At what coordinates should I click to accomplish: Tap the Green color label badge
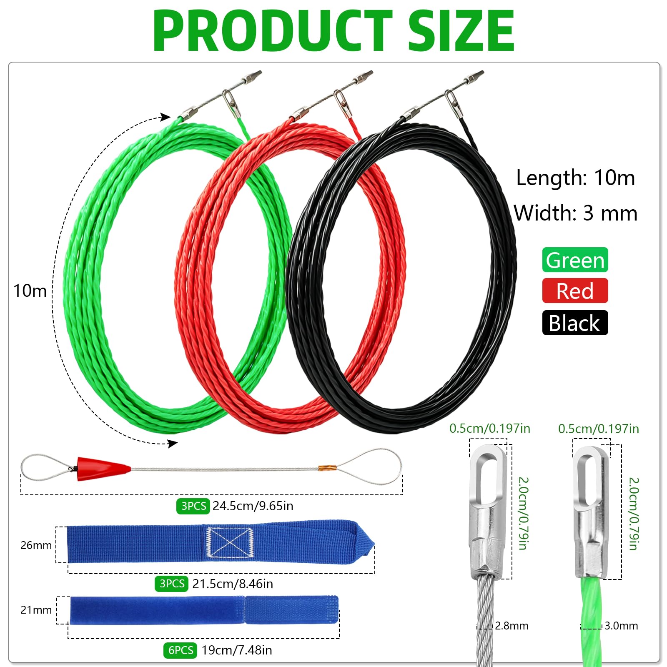[575, 260]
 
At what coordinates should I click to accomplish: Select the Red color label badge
[575, 291]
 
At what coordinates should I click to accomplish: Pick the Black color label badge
[575, 323]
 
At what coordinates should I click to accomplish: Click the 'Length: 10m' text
[575, 178]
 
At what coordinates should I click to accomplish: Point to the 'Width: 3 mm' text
[575, 213]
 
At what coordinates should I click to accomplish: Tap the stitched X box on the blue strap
[230, 542]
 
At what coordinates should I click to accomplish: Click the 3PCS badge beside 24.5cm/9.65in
[193, 506]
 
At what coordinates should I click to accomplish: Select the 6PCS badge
[180, 650]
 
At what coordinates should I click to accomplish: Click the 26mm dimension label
[36, 545]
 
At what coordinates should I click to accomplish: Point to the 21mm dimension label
[36, 610]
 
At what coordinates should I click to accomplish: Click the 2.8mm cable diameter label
[512, 626]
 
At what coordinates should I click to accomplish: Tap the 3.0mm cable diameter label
[621, 626]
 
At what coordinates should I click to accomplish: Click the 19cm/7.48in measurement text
[237, 650]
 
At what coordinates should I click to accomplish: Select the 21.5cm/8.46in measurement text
[233, 584]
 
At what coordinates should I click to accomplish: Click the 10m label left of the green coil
[30, 291]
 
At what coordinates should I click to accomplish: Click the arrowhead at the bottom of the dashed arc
[173, 444]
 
